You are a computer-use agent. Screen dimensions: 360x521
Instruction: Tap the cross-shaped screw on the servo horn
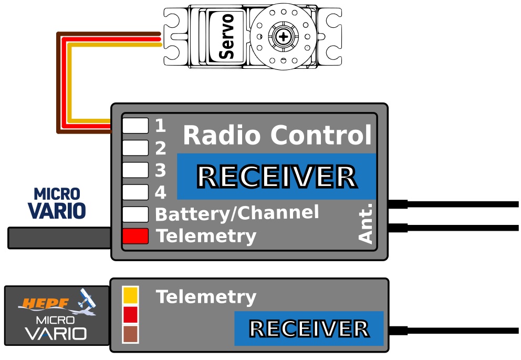pos(284,36)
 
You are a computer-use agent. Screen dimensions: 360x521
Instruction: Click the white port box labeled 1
pos(135,126)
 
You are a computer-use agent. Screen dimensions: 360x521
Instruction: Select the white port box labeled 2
pos(135,148)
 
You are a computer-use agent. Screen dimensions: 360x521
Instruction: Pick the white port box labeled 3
pos(135,170)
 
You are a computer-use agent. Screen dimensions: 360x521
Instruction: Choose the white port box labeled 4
pos(135,192)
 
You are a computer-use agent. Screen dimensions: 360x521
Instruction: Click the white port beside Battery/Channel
pos(135,214)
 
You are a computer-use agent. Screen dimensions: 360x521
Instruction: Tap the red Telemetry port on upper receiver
pos(135,236)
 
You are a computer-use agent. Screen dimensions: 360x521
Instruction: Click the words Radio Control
pos(277,136)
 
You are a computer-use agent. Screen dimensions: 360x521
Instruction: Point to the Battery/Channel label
pos(237,213)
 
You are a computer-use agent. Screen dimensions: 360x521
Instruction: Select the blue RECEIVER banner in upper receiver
pos(276,177)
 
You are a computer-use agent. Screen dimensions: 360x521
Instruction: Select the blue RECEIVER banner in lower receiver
pos(309,328)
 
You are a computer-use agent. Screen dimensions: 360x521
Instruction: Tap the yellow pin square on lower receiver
pos(130,295)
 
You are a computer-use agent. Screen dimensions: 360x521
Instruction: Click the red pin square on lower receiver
pos(130,315)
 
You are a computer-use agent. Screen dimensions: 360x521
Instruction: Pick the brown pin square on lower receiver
pos(130,334)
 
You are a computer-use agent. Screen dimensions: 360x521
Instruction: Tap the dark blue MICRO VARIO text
pos(57,203)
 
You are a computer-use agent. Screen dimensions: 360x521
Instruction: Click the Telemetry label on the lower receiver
pos(206,297)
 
